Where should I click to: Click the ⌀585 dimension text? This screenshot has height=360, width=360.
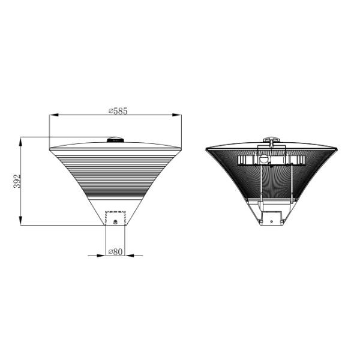(118, 111)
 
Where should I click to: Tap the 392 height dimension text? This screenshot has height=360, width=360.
(17, 181)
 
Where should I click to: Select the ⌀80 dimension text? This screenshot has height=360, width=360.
(115, 251)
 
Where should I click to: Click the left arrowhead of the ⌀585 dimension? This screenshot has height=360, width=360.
(54, 115)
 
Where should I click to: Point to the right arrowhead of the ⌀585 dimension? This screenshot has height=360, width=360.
(177, 115)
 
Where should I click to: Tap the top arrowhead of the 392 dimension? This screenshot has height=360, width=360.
(20, 142)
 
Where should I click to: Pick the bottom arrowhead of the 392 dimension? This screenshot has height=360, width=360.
(20, 221)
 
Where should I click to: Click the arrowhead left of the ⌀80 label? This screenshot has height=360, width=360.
(101, 256)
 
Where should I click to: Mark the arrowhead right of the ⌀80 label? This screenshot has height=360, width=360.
(130, 256)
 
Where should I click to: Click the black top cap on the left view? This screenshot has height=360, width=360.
(115, 140)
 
